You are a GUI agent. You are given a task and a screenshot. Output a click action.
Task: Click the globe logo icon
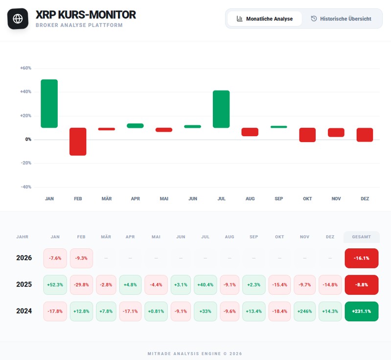tap(18, 19)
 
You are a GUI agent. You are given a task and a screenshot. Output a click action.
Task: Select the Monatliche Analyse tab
tap(264, 19)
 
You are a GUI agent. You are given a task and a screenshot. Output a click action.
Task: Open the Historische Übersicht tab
tap(341, 19)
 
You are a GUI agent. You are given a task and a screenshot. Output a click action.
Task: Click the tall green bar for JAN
tap(49, 103)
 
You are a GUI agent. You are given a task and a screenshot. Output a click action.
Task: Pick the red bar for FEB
tap(78, 142)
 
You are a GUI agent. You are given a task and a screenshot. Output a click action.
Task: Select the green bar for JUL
tap(221, 109)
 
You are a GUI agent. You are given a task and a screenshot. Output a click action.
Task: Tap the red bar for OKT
tap(307, 135)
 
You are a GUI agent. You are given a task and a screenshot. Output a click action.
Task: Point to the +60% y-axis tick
tap(25, 68)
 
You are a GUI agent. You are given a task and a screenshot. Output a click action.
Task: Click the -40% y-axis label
tap(25, 187)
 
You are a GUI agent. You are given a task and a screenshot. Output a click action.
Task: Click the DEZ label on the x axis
tap(365, 199)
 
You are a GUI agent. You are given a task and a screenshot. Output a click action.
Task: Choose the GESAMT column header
tap(361, 237)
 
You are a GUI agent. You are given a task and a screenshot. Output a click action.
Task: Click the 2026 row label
tap(24, 258)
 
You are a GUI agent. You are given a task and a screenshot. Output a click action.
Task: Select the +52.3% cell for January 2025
tap(55, 285)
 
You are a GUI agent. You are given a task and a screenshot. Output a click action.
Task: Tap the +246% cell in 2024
tap(305, 311)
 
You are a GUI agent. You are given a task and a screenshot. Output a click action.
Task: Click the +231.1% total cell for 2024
tap(361, 311)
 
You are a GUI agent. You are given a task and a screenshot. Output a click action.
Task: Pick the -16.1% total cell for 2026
tap(361, 258)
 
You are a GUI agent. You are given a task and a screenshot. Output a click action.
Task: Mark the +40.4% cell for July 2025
tap(206, 285)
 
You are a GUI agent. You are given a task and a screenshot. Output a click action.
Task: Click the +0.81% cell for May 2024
tap(156, 311)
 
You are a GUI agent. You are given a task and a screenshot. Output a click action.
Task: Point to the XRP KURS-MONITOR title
tap(86, 15)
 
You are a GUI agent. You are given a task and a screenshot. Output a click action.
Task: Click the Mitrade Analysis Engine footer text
tap(195, 353)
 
